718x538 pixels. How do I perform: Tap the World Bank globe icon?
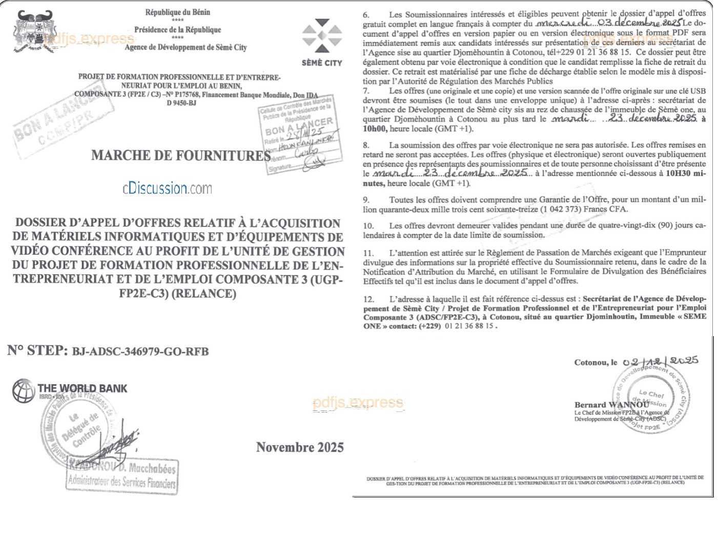coord(23,391)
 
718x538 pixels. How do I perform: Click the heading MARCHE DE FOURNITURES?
coord(180,155)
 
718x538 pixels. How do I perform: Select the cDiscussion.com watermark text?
coord(167,189)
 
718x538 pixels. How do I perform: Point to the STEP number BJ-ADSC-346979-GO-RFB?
coord(140,351)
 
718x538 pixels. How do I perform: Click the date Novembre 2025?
coord(300,447)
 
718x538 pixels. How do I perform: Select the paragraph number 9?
coord(366,200)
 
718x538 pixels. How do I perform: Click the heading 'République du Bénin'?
coord(177,12)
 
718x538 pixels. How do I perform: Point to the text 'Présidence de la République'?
coord(177,30)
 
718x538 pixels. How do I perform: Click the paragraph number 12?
coord(368,299)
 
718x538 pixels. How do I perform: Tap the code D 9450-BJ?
coord(181,103)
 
